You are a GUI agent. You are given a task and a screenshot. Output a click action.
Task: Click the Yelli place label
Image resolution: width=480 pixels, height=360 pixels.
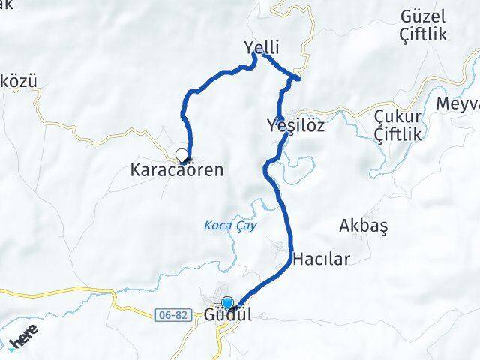(262, 46)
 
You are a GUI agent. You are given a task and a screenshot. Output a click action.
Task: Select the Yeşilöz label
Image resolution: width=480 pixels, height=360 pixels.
(295, 125)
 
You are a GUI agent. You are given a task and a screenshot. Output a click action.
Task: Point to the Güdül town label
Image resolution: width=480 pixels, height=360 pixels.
(228, 316)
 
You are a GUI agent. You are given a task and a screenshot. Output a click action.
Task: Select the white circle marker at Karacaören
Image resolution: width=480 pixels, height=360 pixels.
(181, 155)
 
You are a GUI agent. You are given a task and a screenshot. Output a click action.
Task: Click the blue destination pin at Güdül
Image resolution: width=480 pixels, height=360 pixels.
(228, 303)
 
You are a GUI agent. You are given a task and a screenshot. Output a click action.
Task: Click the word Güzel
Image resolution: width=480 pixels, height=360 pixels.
(423, 16)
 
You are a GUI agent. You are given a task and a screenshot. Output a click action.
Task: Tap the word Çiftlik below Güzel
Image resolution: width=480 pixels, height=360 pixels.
(423, 34)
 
